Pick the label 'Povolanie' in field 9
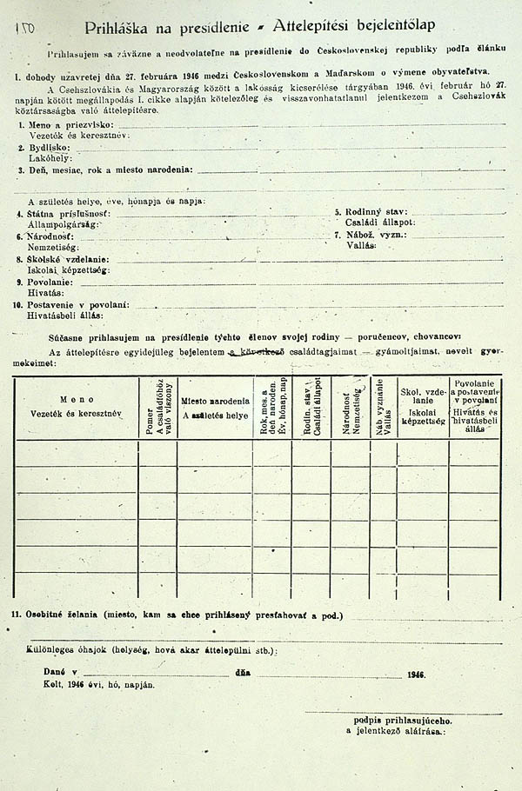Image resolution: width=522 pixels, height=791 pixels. pyautogui.click(x=53, y=282)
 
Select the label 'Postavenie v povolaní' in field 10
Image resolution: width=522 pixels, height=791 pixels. pyautogui.click(x=78, y=305)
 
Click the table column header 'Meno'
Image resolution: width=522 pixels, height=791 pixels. pyautogui.click(x=77, y=399)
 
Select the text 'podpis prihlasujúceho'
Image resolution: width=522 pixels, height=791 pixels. pyautogui.click(x=402, y=721)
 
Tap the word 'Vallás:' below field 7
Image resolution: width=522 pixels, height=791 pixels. pyautogui.click(x=360, y=246)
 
